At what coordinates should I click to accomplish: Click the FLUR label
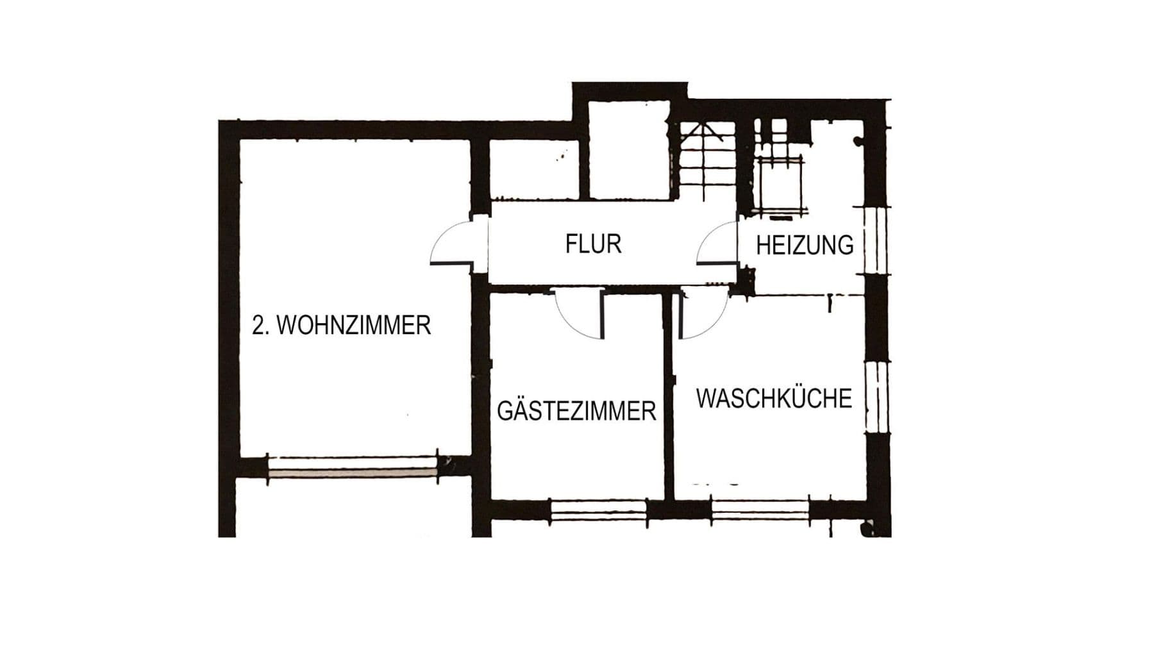(x=593, y=244)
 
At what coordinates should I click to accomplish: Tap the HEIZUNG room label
(x=805, y=246)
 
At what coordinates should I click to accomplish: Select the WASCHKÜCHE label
(x=774, y=398)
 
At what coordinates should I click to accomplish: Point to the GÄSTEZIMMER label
(x=576, y=411)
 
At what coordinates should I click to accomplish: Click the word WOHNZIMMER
(x=353, y=326)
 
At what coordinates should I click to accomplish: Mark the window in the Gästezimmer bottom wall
(x=598, y=511)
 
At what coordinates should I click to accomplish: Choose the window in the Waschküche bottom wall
(x=760, y=511)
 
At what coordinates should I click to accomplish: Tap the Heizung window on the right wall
(x=876, y=240)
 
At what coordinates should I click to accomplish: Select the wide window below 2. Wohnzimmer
(x=353, y=467)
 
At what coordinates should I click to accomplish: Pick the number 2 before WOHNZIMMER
(x=258, y=326)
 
